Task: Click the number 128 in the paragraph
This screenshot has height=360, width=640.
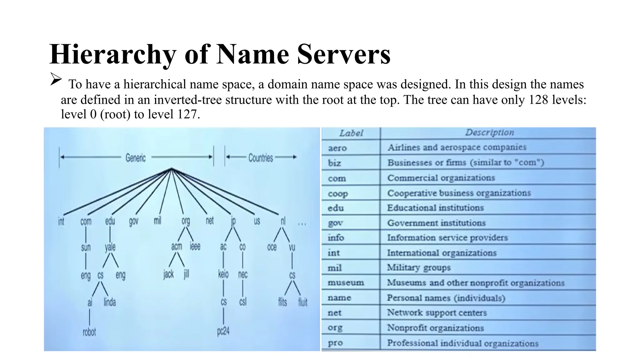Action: [538, 100]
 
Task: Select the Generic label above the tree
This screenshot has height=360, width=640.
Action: [136, 157]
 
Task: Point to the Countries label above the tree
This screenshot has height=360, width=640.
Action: [261, 157]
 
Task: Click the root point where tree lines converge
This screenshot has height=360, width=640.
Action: [171, 169]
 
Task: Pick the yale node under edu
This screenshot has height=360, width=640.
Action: [110, 247]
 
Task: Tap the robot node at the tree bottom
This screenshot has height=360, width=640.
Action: [89, 332]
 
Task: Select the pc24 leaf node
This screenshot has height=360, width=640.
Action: [223, 331]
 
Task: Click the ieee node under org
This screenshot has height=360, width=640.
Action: [195, 247]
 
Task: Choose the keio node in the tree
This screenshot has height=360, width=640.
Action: [223, 274]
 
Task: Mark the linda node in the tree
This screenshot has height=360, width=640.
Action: [110, 302]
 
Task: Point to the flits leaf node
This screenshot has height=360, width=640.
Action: [282, 302]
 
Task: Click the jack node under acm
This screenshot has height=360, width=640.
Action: [168, 274]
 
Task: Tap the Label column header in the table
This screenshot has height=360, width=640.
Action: [351, 133]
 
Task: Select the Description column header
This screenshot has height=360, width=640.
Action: [489, 132]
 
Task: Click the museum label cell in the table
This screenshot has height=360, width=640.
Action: [346, 282]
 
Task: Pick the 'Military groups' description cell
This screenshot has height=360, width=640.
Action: [419, 267]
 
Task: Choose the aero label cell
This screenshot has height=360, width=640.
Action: [337, 148]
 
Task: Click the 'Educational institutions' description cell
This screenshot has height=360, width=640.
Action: [435, 208]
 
